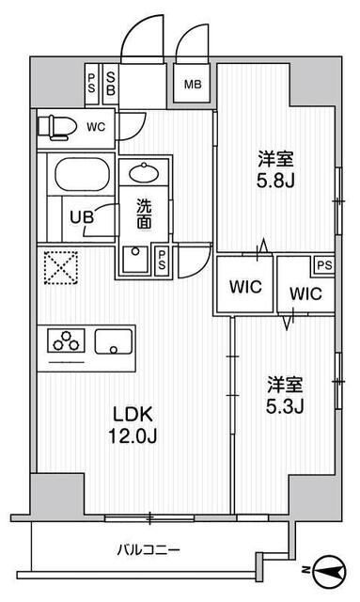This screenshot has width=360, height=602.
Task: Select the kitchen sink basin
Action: coord(116,344)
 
